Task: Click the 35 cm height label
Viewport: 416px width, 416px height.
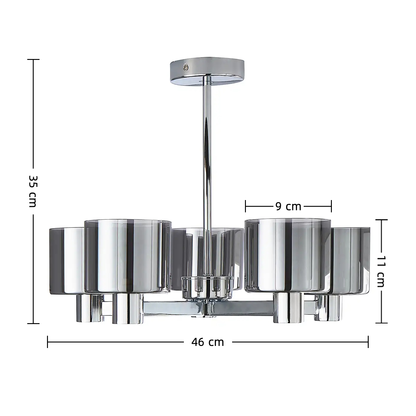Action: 33,191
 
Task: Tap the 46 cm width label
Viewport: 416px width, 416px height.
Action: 208,342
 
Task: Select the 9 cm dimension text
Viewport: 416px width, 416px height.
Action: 288,207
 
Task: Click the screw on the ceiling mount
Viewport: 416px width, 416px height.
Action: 185,67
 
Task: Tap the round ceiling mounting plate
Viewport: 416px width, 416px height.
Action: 207,72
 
